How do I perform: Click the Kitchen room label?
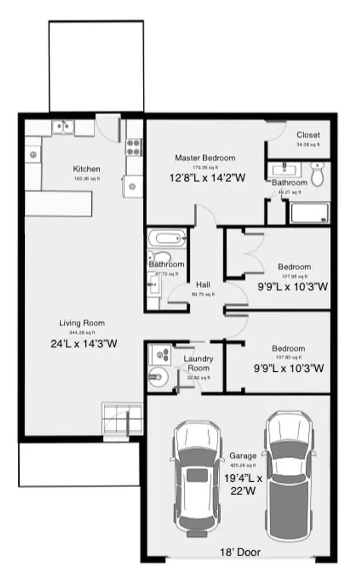86,169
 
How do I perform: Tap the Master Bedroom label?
205,158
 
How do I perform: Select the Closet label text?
308,135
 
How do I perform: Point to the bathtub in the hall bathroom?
166,237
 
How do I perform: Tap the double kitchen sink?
63,127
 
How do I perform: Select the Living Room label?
82,323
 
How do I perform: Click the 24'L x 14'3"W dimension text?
82,343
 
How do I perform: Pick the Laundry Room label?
198,363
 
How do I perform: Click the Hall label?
203,285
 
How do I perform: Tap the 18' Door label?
240,552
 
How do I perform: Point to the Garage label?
243,456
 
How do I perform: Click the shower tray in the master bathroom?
309,213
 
